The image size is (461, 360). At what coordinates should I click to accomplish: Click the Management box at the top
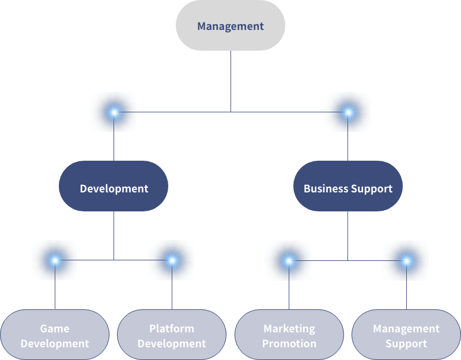click(x=231, y=26)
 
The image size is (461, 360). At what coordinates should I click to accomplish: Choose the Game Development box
click(x=55, y=335)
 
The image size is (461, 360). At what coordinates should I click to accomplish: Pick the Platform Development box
click(x=172, y=335)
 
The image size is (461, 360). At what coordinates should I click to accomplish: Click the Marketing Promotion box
click(x=289, y=335)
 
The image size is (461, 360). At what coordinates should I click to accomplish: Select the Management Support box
click(x=406, y=335)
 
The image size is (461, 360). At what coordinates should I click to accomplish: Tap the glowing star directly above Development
click(x=114, y=112)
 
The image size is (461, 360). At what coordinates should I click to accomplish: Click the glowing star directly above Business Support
click(x=347, y=112)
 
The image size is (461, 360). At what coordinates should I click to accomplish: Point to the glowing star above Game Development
click(x=55, y=260)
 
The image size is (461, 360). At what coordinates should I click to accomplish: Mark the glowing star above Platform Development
click(x=172, y=260)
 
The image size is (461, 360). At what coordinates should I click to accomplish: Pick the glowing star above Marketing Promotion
click(x=289, y=260)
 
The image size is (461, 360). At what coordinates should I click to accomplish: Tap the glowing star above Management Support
click(x=406, y=260)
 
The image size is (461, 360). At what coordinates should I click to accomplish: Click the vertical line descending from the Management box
click(x=231, y=81)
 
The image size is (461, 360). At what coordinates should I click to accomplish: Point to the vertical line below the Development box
click(x=114, y=233)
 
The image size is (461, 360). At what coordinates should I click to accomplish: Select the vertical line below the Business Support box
click(x=347, y=233)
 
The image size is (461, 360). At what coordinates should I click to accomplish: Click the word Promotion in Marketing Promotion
click(x=289, y=343)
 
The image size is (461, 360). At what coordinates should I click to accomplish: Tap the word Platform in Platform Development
click(x=172, y=328)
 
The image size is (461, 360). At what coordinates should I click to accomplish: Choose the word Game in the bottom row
click(x=55, y=328)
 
